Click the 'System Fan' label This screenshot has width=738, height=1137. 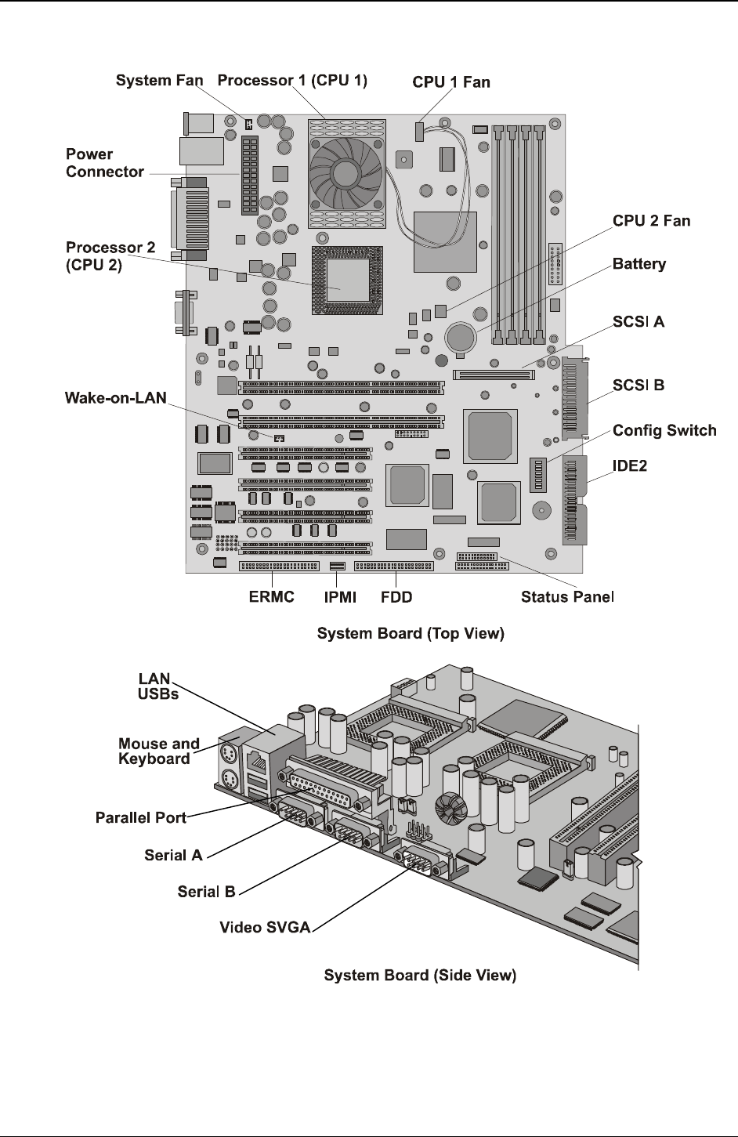click(159, 80)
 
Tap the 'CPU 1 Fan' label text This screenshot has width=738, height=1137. click(451, 81)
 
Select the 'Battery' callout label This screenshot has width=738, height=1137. click(639, 264)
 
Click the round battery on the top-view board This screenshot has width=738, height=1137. click(460, 338)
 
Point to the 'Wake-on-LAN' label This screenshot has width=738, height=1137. click(115, 398)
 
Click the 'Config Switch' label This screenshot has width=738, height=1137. click(664, 430)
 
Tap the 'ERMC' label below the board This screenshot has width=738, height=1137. click(272, 597)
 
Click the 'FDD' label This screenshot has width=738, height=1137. click(396, 597)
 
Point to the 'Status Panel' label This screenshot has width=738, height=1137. click(567, 597)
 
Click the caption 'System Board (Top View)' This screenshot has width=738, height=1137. click(410, 633)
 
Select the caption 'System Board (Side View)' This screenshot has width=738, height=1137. click(420, 976)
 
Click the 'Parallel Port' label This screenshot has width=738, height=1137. click(141, 817)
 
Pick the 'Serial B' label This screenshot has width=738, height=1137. click(207, 891)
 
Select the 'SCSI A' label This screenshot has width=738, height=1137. click(639, 321)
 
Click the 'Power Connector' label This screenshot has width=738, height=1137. click(105, 163)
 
